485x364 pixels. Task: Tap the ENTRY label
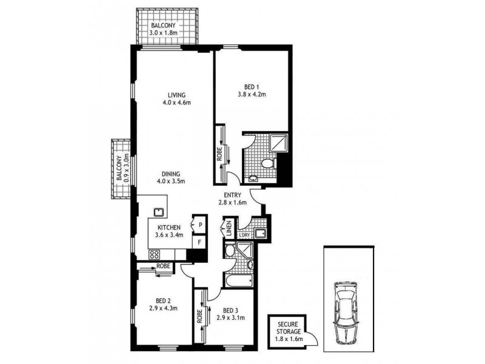coord(233,195)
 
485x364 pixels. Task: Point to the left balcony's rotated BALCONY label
coord(119,170)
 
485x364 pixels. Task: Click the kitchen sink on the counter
coord(159,211)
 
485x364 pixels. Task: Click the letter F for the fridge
coord(198,241)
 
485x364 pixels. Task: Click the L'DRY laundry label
coord(244,235)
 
